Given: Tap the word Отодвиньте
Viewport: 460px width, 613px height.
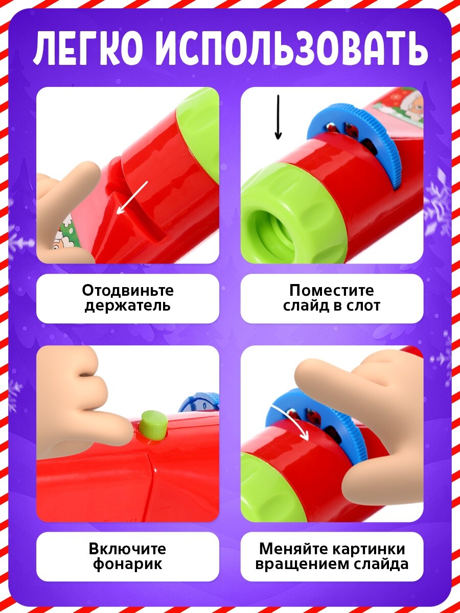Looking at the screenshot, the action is coord(128,291).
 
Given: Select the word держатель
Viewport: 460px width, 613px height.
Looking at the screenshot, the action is coord(128,306).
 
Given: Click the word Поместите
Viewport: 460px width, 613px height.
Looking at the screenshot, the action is coord(332,291).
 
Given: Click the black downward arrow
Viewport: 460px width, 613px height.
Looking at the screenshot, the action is coord(278,117).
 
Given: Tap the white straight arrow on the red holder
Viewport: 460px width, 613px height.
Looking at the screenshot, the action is coord(132,198).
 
